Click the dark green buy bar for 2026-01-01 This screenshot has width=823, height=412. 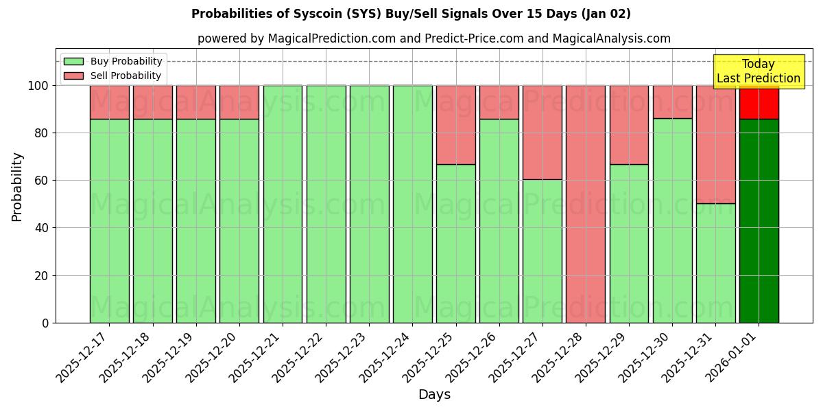click(759, 220)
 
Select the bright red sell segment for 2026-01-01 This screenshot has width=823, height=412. click(759, 103)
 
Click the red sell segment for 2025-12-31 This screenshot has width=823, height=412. click(715, 144)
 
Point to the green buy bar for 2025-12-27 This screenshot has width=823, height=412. click(542, 251)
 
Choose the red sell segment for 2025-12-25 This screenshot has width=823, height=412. click(455, 124)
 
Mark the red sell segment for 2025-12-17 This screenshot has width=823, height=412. click(109, 102)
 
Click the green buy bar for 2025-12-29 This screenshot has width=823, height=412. click(629, 243)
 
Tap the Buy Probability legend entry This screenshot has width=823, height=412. click(112, 61)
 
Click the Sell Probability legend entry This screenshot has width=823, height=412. click(112, 76)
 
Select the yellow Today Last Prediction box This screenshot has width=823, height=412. click(758, 71)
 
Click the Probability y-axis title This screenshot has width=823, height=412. click(17, 186)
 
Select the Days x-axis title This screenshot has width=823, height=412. click(434, 395)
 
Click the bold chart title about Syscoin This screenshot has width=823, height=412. click(411, 14)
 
